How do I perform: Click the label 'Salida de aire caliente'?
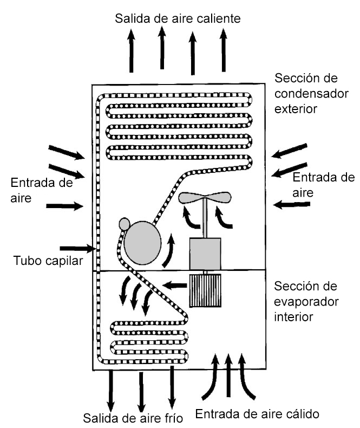(x=178, y=18)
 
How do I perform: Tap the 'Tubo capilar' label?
(x=48, y=261)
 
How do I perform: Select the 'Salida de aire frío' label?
(x=133, y=418)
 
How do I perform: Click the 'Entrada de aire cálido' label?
(x=257, y=414)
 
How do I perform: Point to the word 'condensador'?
(x=311, y=94)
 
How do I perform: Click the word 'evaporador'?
(x=306, y=302)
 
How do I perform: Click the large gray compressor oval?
(x=142, y=243)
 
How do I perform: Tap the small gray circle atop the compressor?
(x=125, y=224)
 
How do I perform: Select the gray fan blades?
(x=205, y=197)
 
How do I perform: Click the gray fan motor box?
(x=205, y=254)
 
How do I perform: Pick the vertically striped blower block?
(x=205, y=290)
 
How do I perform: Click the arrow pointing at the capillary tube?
(x=77, y=248)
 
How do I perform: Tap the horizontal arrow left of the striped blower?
(x=175, y=286)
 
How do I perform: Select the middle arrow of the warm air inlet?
(x=228, y=375)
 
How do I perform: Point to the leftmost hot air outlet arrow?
(x=132, y=51)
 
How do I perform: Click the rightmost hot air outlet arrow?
(x=224, y=50)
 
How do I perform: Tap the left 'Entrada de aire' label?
(x=42, y=190)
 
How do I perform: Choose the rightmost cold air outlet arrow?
(x=172, y=387)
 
